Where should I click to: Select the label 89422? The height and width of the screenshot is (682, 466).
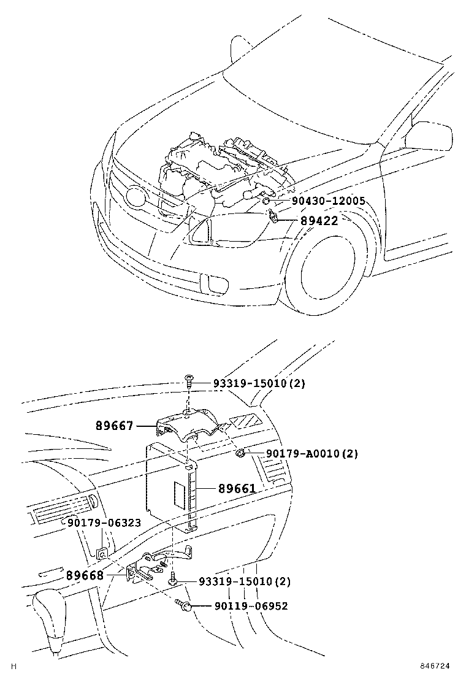point(319,221)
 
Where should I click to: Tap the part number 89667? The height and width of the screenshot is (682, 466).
point(114,425)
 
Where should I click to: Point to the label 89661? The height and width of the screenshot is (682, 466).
point(237,489)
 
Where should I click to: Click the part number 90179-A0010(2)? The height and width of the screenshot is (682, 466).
point(311,454)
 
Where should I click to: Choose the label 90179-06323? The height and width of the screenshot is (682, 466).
point(104,523)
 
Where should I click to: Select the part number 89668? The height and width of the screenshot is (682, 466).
point(85,577)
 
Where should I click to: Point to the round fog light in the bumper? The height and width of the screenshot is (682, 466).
point(215,283)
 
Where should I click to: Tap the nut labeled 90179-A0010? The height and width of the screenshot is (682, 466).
point(242,453)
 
